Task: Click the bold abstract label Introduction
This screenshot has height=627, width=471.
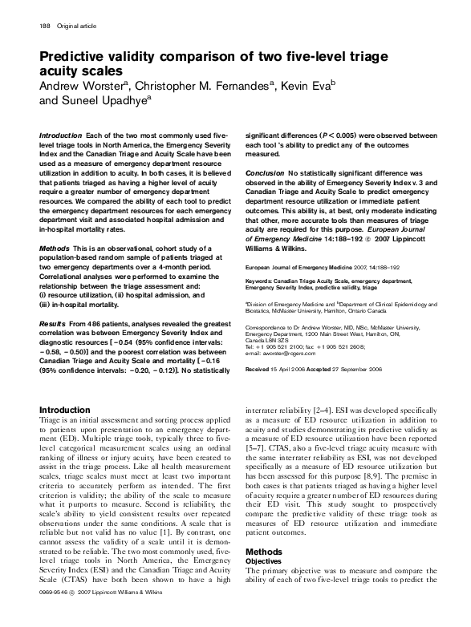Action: (61, 137)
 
